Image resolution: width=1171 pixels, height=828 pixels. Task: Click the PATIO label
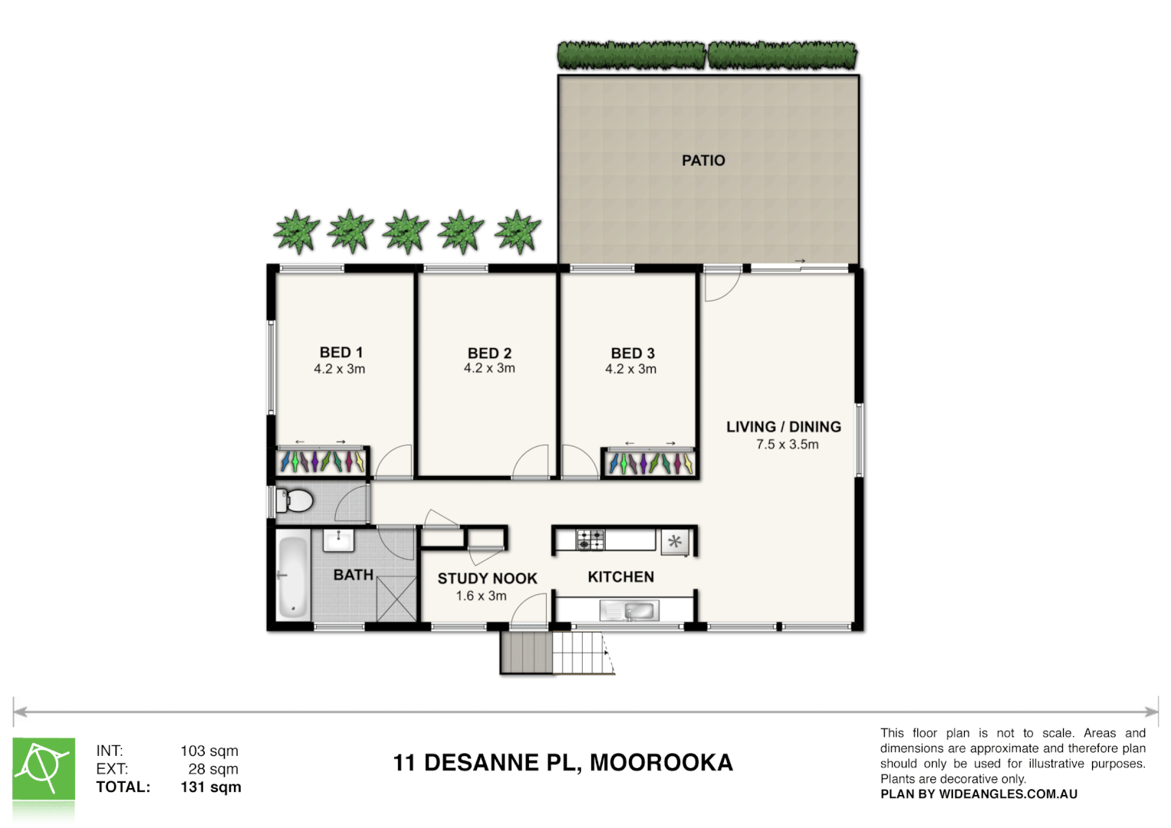[703, 160]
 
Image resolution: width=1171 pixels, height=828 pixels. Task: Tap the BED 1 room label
[340, 353]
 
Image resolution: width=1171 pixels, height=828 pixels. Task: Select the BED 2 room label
[489, 353]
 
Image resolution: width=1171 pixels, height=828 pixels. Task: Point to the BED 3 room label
[632, 353]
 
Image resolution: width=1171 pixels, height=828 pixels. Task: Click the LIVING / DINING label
[783, 427]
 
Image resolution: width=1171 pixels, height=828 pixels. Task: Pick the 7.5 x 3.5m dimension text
[787, 445]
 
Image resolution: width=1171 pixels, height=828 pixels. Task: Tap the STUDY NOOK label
[487, 579]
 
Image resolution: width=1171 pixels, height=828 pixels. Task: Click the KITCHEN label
[620, 577]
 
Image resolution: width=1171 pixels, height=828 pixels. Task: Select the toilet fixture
[294, 501]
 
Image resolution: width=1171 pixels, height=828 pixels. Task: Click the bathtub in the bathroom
[292, 577]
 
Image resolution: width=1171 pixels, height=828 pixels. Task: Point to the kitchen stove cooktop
[590, 540]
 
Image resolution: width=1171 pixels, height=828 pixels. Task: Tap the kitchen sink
[639, 611]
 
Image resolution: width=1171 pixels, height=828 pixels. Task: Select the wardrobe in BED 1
[322, 462]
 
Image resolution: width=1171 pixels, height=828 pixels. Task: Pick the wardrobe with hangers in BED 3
[650, 463]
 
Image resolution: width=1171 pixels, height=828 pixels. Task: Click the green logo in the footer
[44, 769]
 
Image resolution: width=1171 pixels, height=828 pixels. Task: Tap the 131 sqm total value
[210, 787]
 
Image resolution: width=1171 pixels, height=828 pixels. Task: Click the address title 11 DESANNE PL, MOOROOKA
[563, 763]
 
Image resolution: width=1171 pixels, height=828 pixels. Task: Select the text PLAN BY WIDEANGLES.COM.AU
[979, 794]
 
